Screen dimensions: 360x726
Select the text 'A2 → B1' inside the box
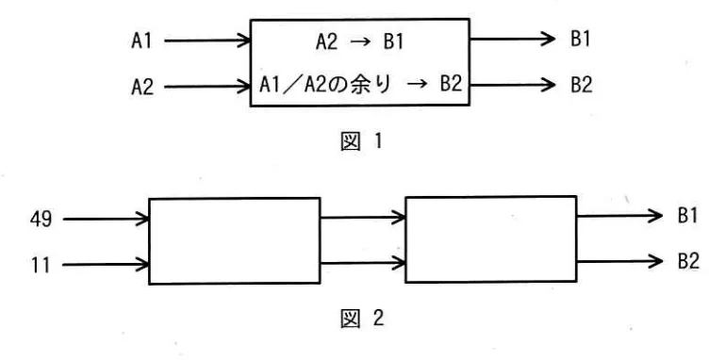359,41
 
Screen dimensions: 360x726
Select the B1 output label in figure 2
686,216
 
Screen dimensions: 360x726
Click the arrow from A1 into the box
207,41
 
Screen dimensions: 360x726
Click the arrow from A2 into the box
207,87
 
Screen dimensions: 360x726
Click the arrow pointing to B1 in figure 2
617,216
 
